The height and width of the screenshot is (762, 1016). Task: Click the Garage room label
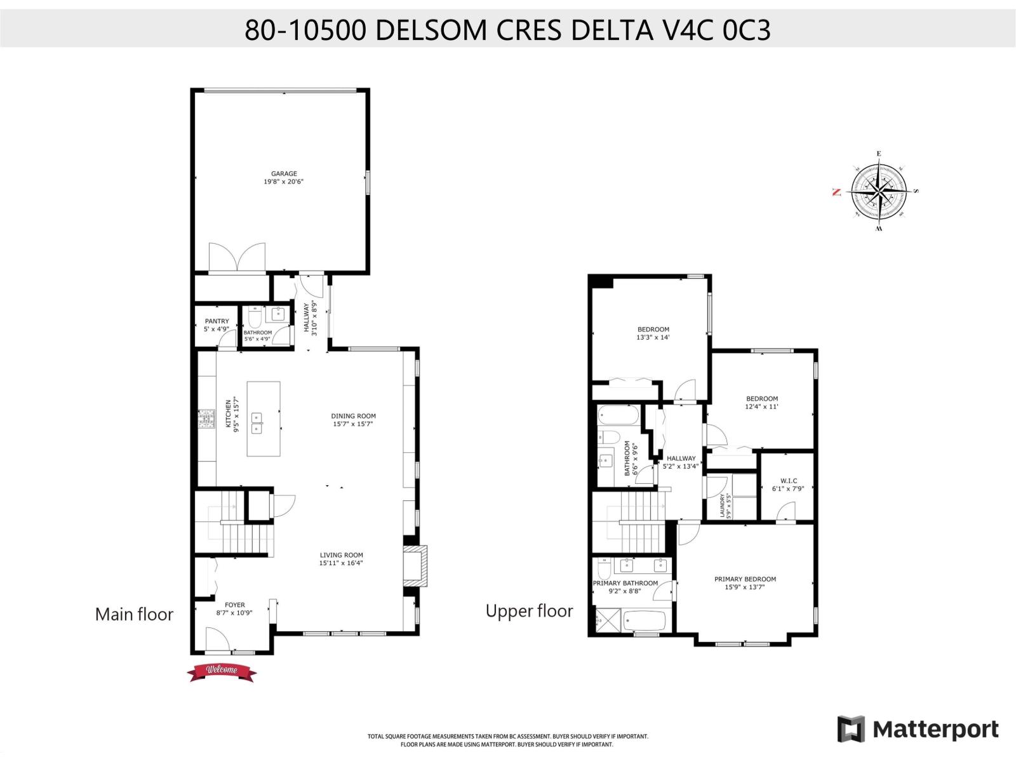[x=284, y=173]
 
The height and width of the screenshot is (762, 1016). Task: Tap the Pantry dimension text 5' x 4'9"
[x=217, y=330]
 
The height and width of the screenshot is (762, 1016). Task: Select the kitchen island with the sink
[x=264, y=418]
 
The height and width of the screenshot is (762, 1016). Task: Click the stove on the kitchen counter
[x=207, y=419]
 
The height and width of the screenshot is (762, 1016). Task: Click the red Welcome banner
[x=222, y=671]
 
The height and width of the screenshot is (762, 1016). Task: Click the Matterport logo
[x=918, y=729]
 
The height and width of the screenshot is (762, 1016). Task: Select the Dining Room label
[x=353, y=416]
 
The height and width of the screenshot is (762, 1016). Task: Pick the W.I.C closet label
[x=784, y=481]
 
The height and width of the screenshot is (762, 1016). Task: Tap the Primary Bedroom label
[x=745, y=579]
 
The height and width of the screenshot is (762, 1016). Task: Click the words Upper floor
[x=529, y=612]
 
